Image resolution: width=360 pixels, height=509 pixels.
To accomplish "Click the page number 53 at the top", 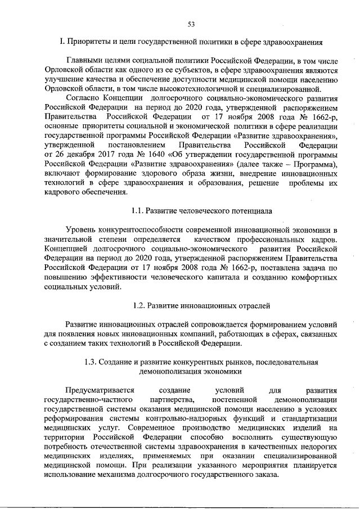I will pos(191,24).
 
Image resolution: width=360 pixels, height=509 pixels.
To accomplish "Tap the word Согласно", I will pos(82,98).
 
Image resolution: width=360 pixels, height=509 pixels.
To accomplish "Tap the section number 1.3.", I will pos(91,362).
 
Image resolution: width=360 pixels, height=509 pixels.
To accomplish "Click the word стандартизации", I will pos(309,418).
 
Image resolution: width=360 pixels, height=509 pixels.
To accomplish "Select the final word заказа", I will pos(265,475).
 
